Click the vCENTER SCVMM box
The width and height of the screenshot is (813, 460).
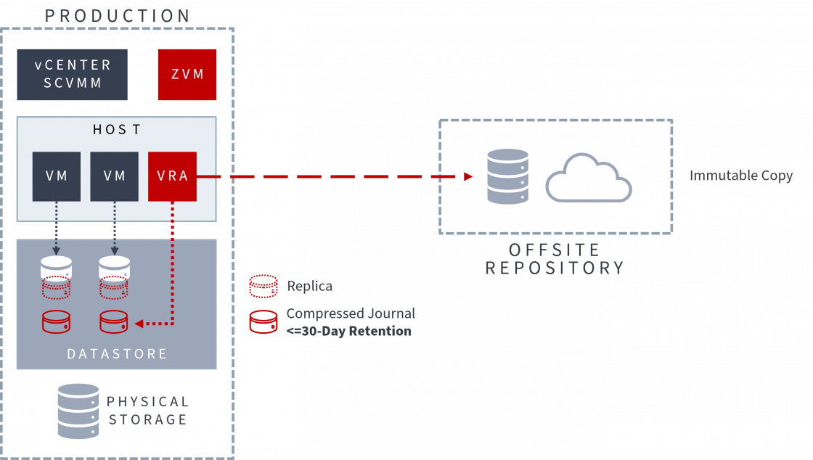73,74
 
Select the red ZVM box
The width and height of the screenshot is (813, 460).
187,74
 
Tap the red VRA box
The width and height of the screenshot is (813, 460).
172,176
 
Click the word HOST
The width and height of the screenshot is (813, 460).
116,130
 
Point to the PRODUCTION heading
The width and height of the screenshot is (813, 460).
118,15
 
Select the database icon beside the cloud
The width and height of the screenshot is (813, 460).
507,176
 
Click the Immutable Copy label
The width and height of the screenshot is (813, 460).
740,176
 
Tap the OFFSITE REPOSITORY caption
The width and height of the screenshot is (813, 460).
555,259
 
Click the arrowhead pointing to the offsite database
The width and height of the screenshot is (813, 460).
468,176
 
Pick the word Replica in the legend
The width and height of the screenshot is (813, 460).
309,286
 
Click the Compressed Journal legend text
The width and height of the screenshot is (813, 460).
351,313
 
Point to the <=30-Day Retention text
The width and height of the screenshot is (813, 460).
349,331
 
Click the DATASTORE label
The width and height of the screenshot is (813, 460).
117,354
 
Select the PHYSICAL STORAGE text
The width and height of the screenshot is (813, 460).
148,411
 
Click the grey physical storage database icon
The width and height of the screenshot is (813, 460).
78,411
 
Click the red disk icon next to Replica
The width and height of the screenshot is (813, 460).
263,287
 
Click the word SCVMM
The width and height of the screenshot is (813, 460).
73,83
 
